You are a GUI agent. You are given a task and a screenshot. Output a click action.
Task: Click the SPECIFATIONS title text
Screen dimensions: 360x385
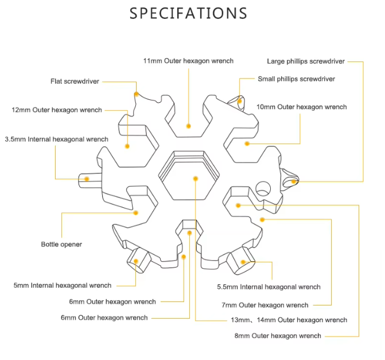point(189,13)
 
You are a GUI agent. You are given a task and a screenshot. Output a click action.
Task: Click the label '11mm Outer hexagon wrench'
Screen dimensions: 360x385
point(188,61)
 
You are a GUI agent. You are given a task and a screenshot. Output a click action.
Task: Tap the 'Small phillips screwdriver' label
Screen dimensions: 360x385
point(296,79)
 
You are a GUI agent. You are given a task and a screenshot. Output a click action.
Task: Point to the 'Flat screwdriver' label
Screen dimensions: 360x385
point(75,82)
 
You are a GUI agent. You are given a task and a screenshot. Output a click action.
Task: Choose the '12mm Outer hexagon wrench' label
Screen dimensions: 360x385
point(57,110)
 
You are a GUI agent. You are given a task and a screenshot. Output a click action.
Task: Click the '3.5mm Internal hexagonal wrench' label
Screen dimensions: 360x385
point(56,139)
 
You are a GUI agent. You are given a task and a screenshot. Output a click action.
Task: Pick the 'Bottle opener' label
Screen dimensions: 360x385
point(61,244)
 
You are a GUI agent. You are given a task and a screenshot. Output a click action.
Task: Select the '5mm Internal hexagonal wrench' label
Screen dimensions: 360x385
point(63,285)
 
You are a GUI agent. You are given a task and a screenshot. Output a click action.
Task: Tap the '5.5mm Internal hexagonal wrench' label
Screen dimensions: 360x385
point(269,287)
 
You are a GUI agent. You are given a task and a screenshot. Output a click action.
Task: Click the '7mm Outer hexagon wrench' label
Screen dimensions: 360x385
point(265,305)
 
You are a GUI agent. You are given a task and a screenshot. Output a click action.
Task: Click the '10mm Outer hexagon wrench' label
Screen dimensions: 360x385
point(301,107)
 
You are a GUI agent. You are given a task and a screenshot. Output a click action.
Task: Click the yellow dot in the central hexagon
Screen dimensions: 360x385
point(196,179)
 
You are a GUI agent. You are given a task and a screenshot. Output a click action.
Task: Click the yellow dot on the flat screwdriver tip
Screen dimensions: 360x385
point(136,94)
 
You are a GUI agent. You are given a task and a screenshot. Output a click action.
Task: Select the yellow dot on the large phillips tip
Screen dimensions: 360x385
point(293,181)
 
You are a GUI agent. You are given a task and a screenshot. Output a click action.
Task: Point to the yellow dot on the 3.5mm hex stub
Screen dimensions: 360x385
point(87,179)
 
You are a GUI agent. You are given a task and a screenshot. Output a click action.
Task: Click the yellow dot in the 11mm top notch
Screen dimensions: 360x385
point(188,125)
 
